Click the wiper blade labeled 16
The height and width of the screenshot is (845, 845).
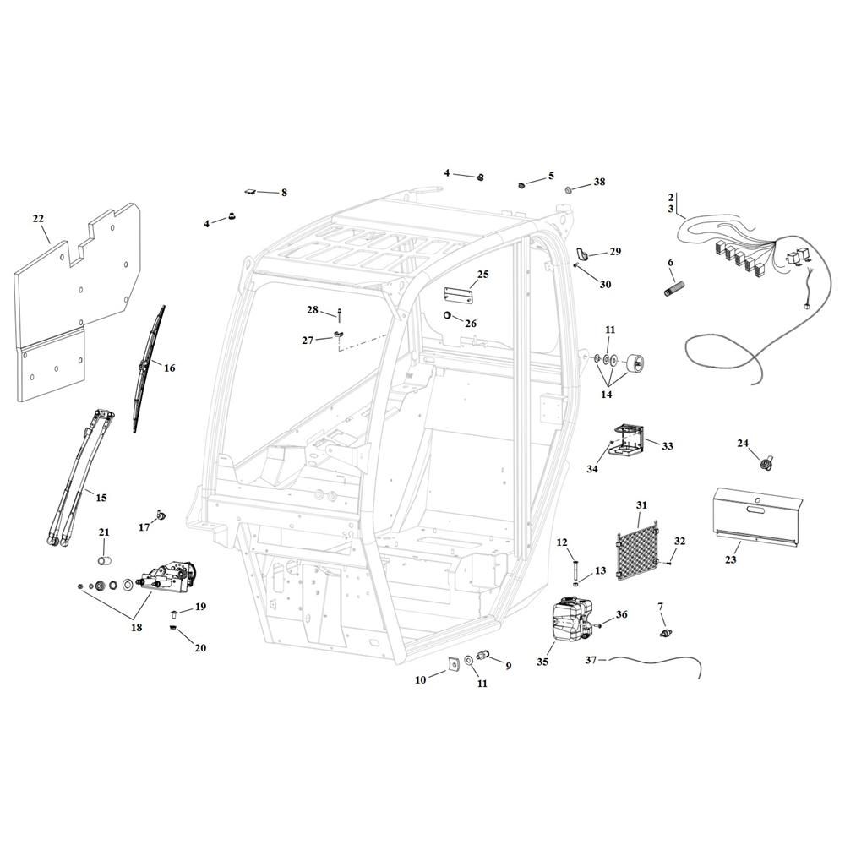[148, 368]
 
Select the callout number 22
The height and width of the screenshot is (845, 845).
[38, 218]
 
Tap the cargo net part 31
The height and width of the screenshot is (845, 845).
[638, 550]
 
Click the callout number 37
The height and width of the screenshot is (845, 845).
[591, 659]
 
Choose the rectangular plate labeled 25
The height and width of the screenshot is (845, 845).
[458, 294]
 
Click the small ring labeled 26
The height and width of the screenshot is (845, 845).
[447, 315]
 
